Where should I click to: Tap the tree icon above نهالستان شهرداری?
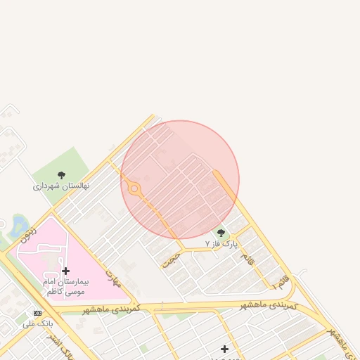tap(61, 175)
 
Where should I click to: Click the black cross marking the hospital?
tap(65, 271)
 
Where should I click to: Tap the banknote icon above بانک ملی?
tap(37, 313)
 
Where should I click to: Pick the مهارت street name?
tap(112, 278)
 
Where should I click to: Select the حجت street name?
tap(171, 259)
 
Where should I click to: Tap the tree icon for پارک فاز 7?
tap(221, 233)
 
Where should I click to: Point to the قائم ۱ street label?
tap(279, 282)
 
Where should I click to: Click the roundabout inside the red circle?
tap(134, 188)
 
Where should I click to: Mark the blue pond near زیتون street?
tap(19, 226)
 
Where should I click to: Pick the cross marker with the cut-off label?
tap(224, 349)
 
